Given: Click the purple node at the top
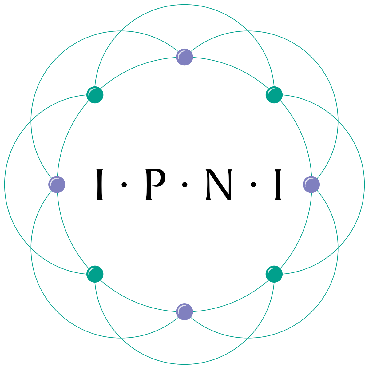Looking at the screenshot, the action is pos(184,57).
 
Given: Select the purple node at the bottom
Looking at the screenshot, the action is pos(184,311).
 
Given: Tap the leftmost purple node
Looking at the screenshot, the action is pos(57,184).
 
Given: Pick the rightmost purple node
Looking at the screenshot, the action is pos(311,184).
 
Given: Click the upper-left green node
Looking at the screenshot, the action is pos(95,95).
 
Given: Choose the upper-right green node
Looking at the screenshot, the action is pos(274,95).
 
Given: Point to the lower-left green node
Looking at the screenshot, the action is pos(95,274).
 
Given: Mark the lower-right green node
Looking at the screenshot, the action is pos(274,274).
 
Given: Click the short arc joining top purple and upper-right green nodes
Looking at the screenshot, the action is pos(233,67).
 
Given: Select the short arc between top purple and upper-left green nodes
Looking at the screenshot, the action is pos(136,67).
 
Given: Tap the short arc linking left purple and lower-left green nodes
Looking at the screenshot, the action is pos(67,233).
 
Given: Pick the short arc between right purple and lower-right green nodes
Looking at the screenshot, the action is pos(302,233).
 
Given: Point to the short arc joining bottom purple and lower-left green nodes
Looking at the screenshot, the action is pos(136,302).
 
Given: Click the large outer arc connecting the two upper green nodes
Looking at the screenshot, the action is pos(184,5).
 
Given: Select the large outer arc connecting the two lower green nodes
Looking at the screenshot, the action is pos(184,364).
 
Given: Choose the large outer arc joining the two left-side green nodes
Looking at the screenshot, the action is pos(5,184).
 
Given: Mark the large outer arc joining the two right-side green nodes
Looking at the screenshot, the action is pos(364,184).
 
